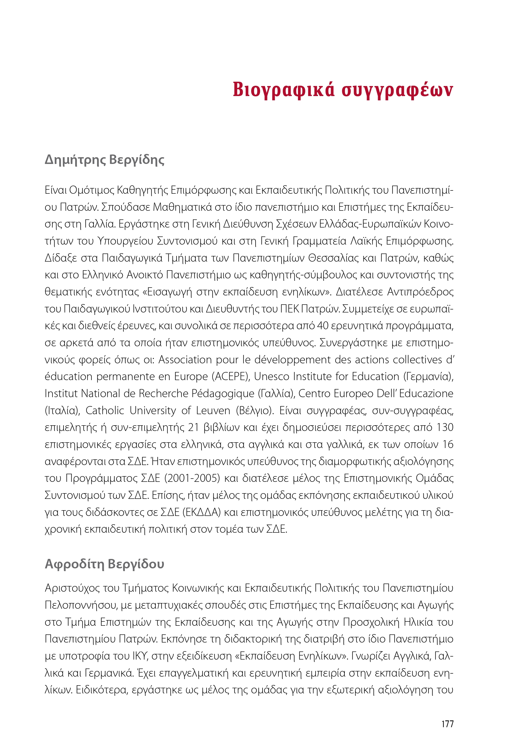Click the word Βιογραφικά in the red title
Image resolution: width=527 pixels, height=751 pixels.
tap(283, 89)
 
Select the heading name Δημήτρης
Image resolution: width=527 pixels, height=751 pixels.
tap(75, 160)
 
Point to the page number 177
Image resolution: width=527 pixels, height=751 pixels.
tap(447, 724)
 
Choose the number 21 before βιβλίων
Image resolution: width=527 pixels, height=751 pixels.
tap(194, 427)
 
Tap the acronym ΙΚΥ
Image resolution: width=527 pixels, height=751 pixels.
tap(140, 656)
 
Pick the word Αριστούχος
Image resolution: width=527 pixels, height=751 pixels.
tap(72, 588)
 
